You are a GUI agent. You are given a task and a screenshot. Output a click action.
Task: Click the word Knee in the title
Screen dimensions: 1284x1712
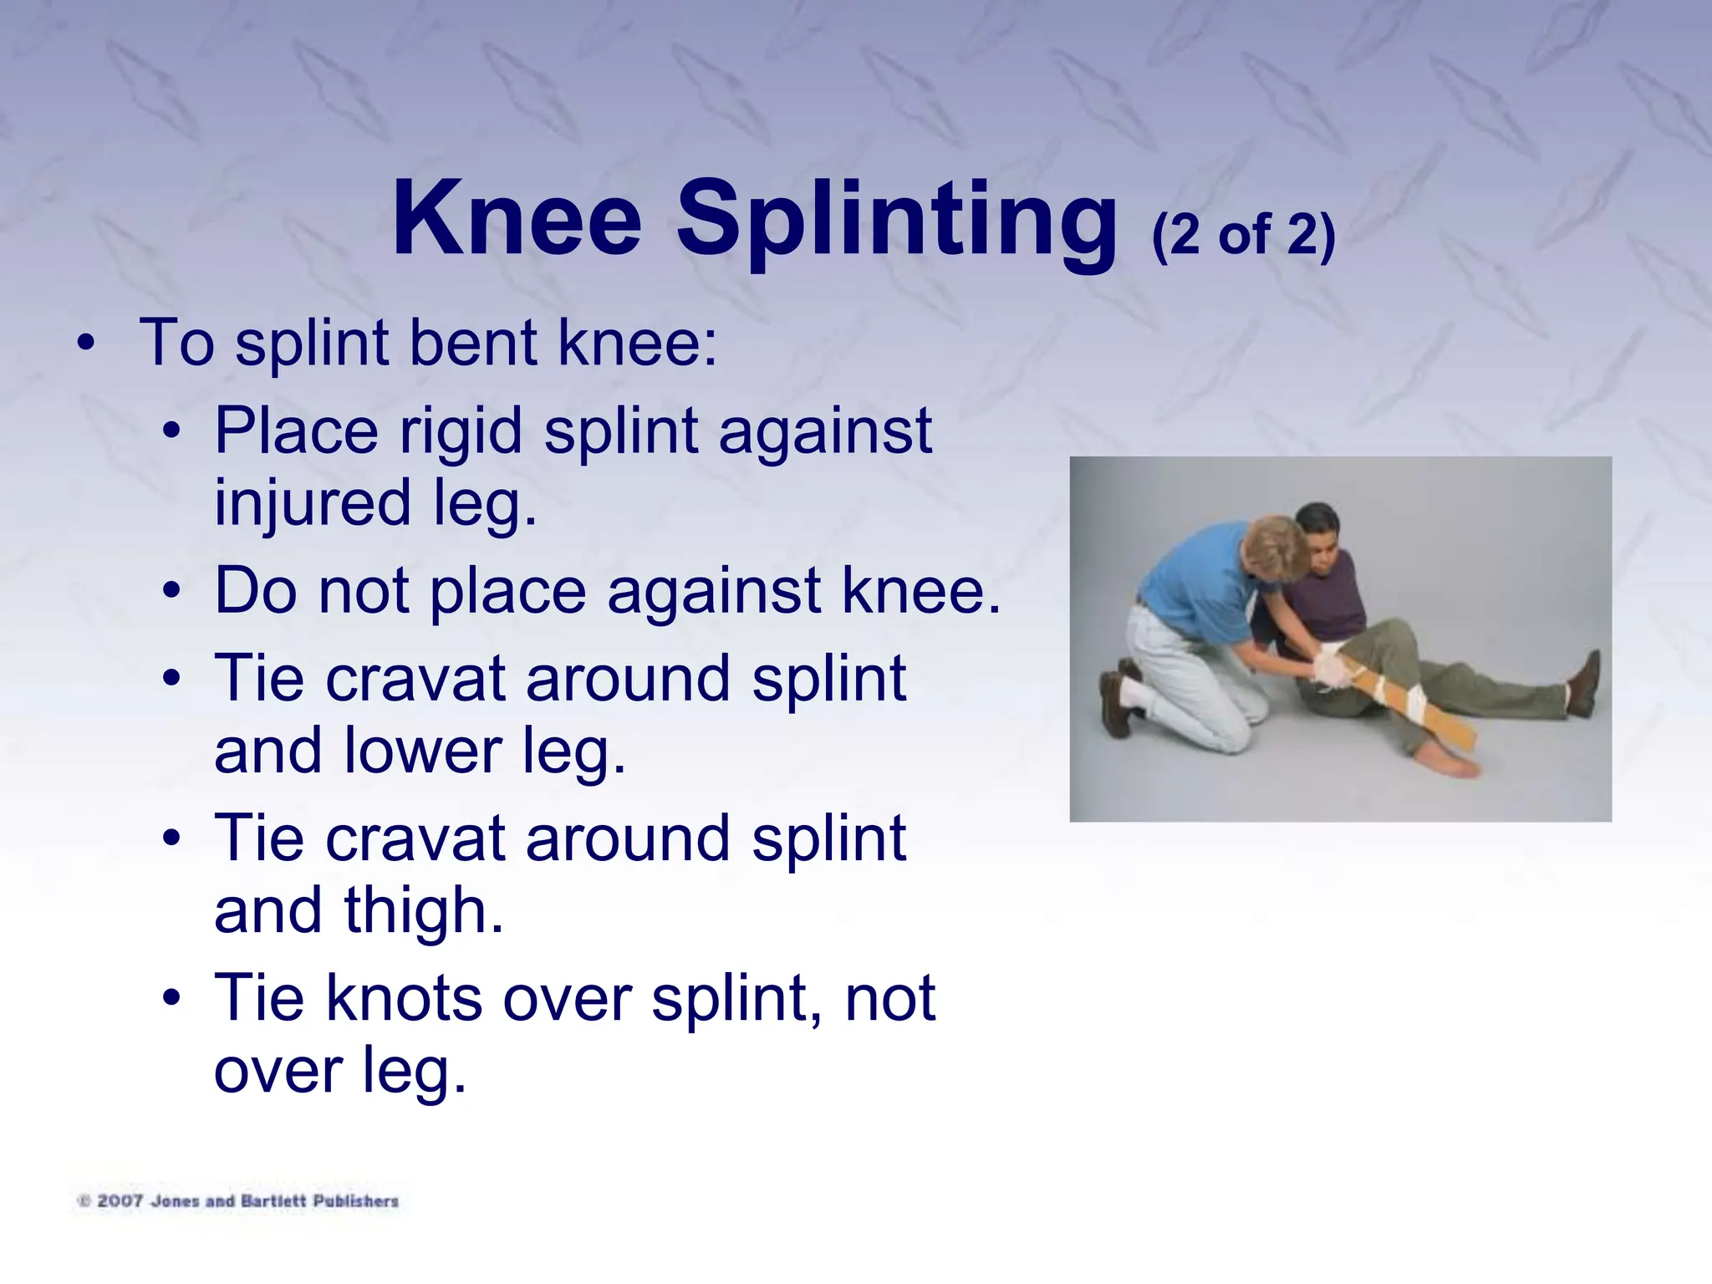pyautogui.click(x=517, y=219)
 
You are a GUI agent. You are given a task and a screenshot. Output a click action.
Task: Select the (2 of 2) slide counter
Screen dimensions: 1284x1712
pyautogui.click(x=1243, y=235)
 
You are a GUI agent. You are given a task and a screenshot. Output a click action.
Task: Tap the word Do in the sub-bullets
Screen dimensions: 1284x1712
pyautogui.click(x=256, y=590)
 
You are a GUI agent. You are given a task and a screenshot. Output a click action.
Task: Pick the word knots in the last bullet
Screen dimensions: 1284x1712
pyautogui.click(x=404, y=998)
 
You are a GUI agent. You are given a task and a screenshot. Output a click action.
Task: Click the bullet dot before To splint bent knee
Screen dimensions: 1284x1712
pyautogui.click(x=85, y=344)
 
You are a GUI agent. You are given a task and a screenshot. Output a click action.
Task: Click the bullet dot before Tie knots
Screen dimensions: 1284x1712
pyautogui.click(x=171, y=999)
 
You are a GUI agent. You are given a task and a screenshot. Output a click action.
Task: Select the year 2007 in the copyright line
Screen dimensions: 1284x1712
pyautogui.click(x=120, y=1201)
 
